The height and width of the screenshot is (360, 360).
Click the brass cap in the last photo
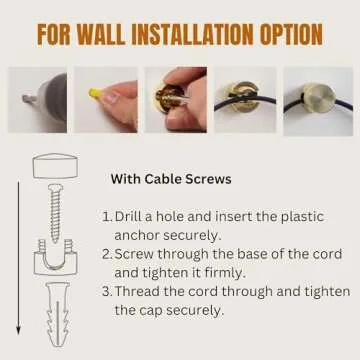pos(318,99)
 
